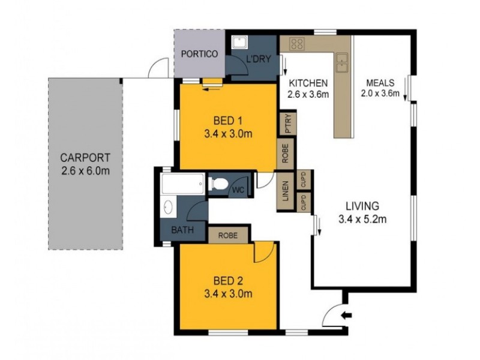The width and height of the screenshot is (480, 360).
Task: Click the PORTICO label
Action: point(199,53)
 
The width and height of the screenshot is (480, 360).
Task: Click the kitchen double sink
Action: point(341,62)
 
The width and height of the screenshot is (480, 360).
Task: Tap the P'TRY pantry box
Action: point(286,125)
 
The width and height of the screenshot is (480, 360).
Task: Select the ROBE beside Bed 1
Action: point(286,152)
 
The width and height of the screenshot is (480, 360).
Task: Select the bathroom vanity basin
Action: point(169,208)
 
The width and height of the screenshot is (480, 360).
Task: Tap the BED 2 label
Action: point(227,280)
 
